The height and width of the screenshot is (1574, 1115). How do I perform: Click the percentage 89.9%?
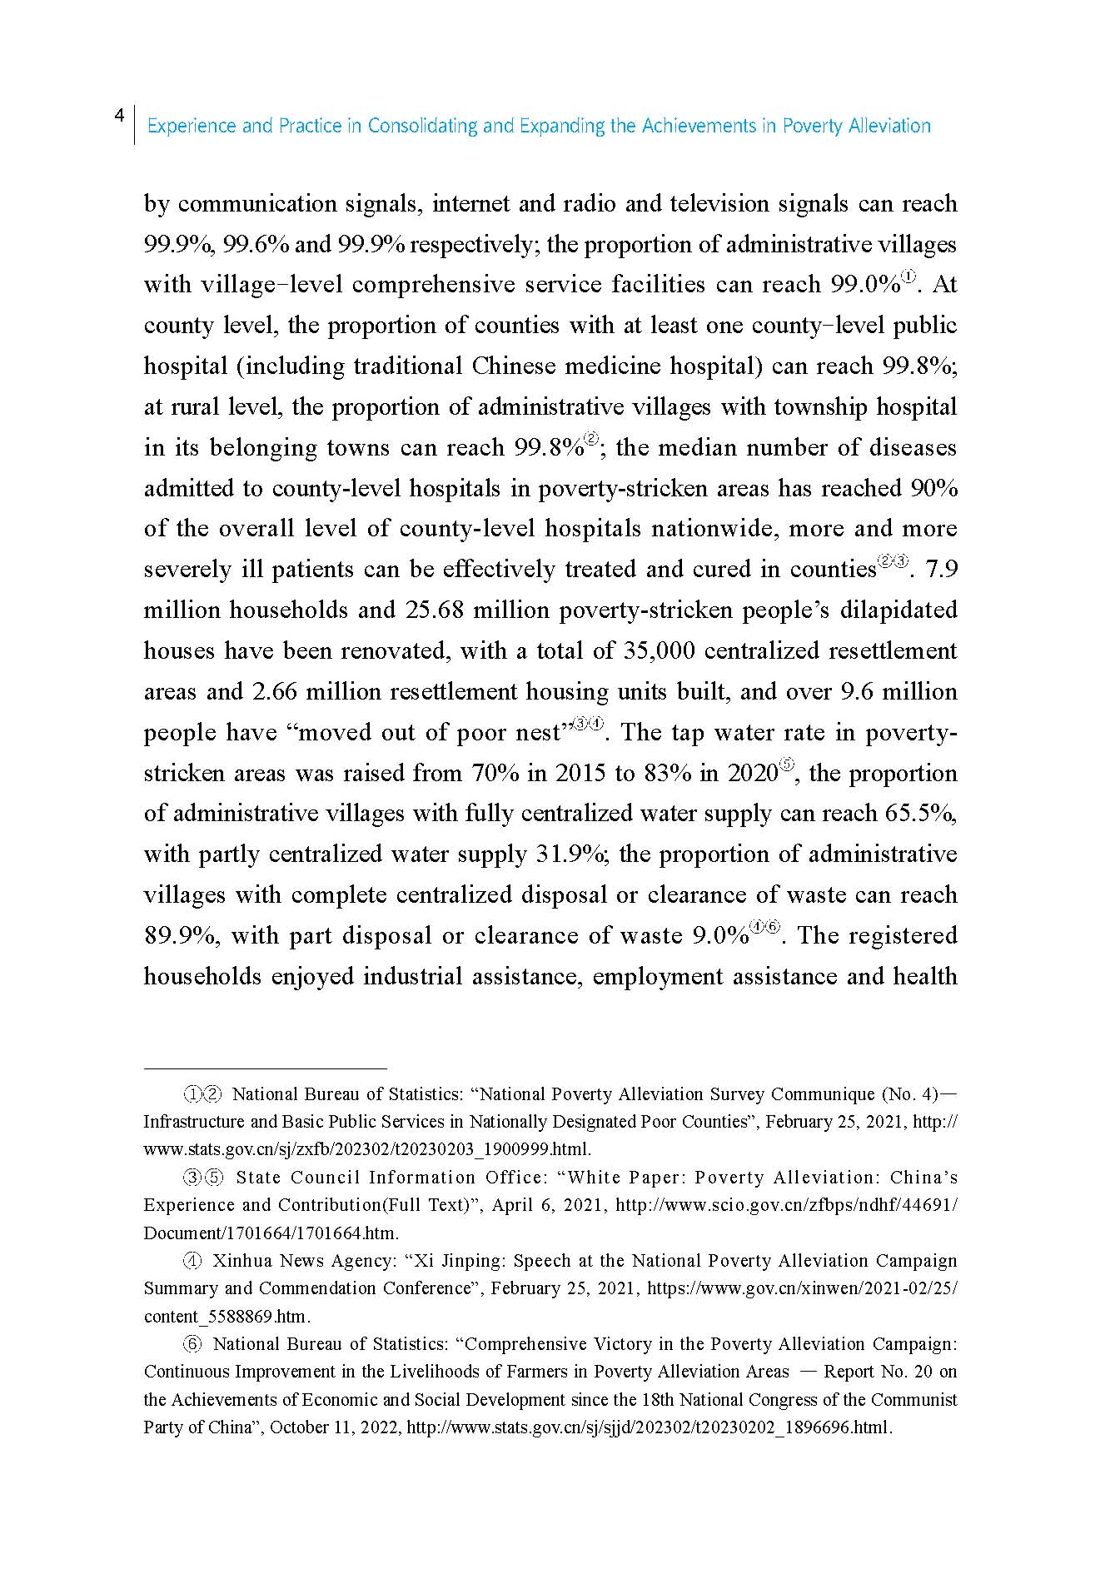coord(181,935)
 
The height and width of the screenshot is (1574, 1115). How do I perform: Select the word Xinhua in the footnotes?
coord(242,1261)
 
